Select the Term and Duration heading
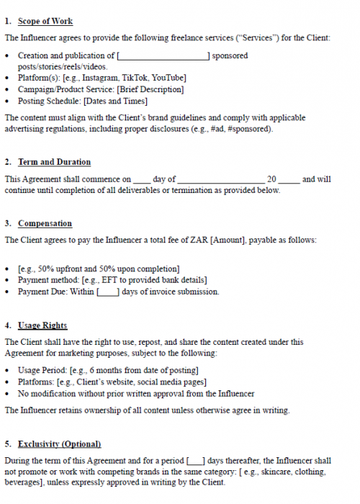coord(54,162)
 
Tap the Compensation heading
coord(45,224)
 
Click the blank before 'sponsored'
coord(163,55)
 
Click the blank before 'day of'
coord(142,179)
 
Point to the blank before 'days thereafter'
coord(195,461)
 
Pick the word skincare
coord(269,472)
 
